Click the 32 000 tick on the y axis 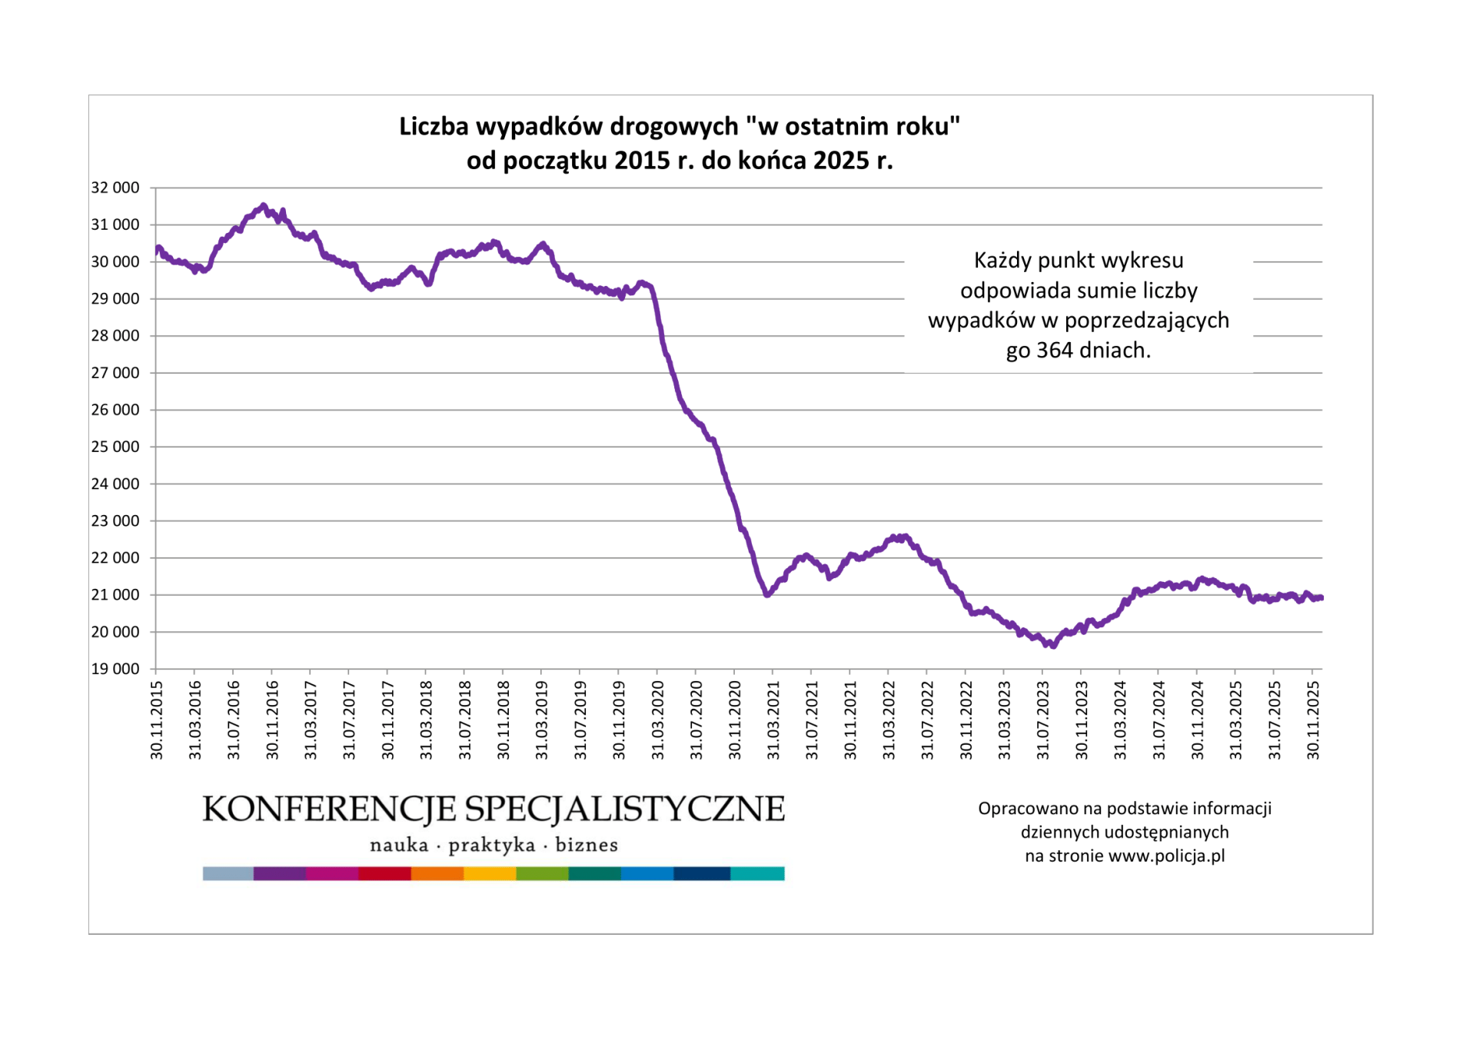pyautogui.click(x=115, y=188)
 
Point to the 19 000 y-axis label pyautogui.click(x=115, y=669)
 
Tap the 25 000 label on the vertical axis pyautogui.click(x=115, y=447)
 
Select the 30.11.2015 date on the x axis pyautogui.click(x=157, y=720)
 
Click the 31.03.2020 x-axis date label pyautogui.click(x=658, y=720)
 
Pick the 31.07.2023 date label pyautogui.click(x=1043, y=720)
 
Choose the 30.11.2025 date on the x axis pyautogui.click(x=1314, y=720)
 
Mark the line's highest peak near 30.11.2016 pyautogui.click(x=264, y=205)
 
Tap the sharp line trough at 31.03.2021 pyautogui.click(x=767, y=594)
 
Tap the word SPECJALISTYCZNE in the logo pyautogui.click(x=625, y=810)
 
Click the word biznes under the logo pyautogui.click(x=587, y=846)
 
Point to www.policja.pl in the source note pyautogui.click(x=1167, y=856)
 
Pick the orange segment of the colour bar pyautogui.click(x=437, y=873)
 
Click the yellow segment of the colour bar pyautogui.click(x=490, y=873)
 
